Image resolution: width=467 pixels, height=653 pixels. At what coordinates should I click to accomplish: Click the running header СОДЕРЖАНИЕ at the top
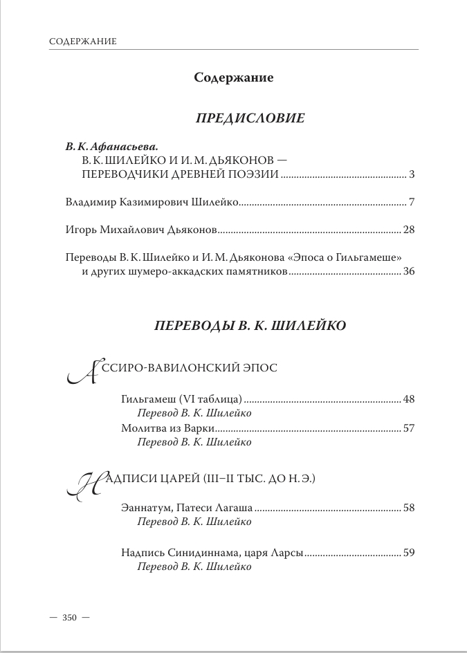[x=82, y=42]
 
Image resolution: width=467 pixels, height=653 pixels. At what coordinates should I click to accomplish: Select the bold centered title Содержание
[x=234, y=77]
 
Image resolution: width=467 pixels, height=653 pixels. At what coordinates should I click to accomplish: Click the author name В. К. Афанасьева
[x=111, y=147]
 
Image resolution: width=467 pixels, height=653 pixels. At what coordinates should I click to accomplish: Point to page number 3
[x=411, y=174]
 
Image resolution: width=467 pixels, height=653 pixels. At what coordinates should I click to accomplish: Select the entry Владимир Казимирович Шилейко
[x=152, y=203]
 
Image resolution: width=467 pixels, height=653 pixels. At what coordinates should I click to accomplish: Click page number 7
[x=411, y=203]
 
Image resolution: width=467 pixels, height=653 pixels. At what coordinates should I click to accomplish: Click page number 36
[x=408, y=272]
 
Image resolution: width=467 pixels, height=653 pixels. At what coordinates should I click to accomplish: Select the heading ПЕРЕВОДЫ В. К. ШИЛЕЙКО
[x=248, y=324]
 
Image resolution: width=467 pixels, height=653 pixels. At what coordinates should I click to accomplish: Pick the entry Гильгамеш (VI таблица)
[x=181, y=400]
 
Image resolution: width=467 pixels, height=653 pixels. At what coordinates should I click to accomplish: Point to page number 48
[x=408, y=400]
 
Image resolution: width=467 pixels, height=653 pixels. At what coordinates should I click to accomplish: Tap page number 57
[x=408, y=427]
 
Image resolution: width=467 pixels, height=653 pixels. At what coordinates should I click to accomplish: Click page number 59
[x=408, y=553]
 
